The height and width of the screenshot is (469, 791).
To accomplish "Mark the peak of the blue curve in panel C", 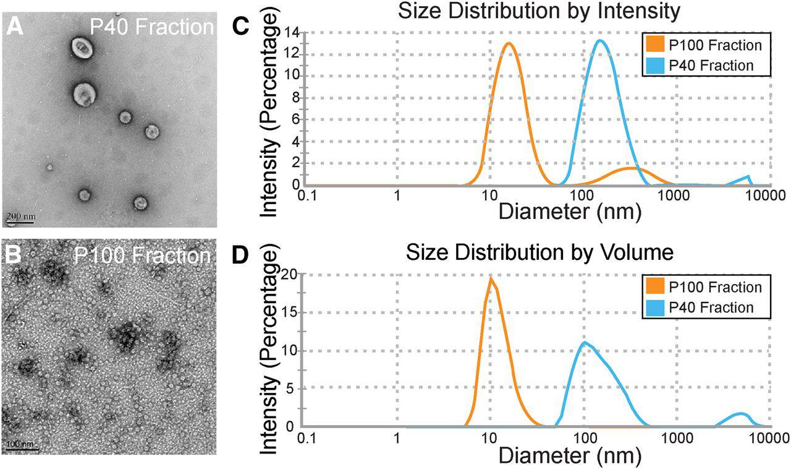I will (x=599, y=41).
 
